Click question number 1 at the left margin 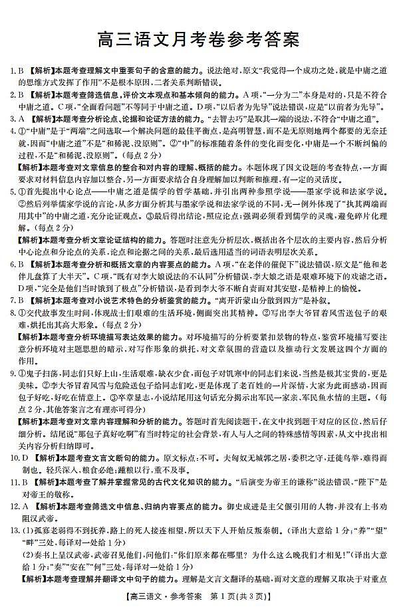(11, 70)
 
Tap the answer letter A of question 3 (21, 118)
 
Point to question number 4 (12, 130)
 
